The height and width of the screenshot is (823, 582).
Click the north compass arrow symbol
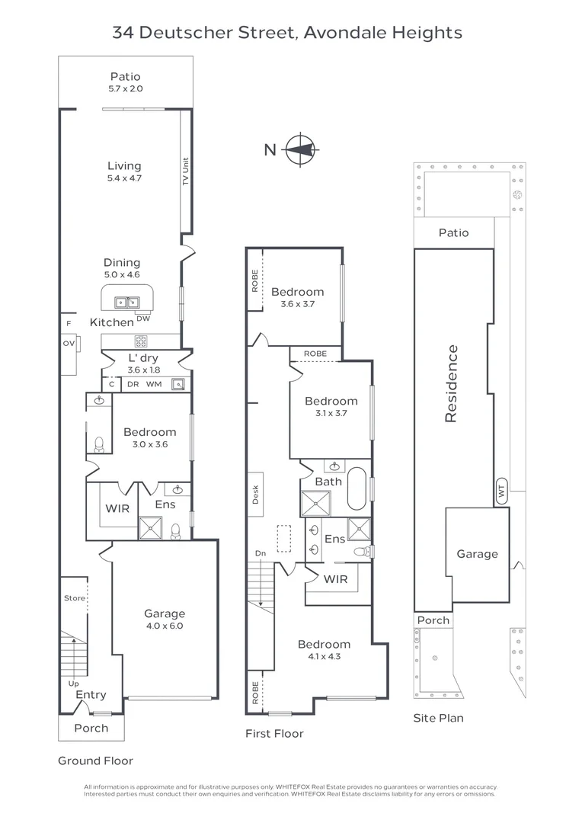(302, 149)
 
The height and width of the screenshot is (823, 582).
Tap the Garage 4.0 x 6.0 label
(165, 619)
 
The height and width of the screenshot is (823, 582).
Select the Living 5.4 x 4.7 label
(124, 171)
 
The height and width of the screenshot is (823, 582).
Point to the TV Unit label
(185, 172)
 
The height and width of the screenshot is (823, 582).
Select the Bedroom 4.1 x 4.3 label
(325, 649)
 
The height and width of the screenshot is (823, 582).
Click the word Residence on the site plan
(451, 383)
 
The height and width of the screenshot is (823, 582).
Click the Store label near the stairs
(75, 598)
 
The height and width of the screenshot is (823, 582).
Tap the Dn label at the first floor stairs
(261, 553)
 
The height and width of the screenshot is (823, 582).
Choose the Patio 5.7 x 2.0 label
(126, 82)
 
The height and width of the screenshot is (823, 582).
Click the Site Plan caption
(438, 718)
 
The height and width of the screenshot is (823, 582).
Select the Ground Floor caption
(95, 761)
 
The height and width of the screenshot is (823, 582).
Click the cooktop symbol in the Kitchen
(141, 341)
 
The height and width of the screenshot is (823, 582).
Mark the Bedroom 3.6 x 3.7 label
(297, 296)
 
